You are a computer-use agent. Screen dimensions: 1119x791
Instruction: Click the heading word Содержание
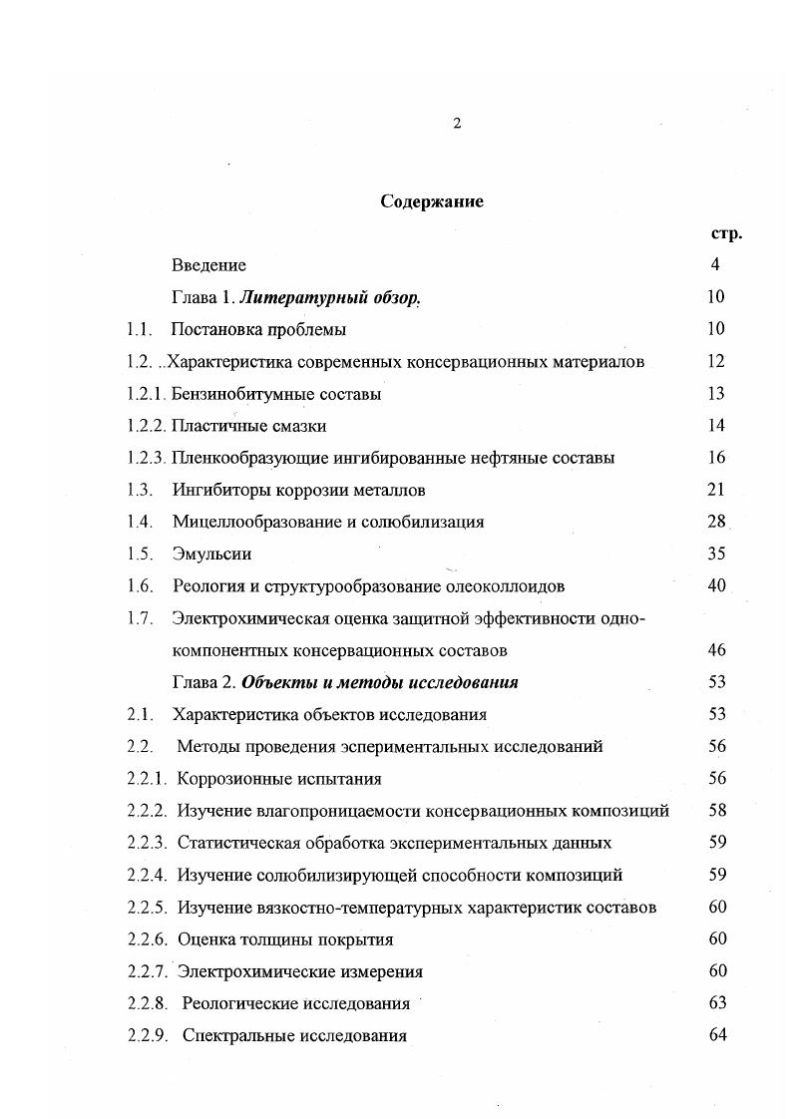point(432,201)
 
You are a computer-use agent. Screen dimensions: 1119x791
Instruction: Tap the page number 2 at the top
point(456,124)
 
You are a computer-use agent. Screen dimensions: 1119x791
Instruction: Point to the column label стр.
point(726,233)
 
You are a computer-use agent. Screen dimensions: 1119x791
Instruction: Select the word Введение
point(208,265)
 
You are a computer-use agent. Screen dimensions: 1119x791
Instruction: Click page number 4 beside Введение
point(715,265)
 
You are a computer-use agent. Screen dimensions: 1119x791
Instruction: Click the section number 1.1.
point(139,329)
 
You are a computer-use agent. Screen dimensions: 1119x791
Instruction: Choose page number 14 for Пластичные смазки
point(715,426)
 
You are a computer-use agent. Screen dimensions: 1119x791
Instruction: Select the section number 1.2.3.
point(146,458)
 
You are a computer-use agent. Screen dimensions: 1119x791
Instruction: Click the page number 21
point(715,490)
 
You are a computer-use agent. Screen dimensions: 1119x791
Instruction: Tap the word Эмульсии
point(211,554)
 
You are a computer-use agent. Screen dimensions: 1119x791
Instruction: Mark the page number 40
point(716,585)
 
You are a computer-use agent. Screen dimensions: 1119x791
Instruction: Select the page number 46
point(716,650)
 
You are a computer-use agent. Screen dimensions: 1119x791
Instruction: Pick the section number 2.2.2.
point(147,811)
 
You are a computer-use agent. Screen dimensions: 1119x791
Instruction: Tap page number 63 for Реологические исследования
point(716,1002)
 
